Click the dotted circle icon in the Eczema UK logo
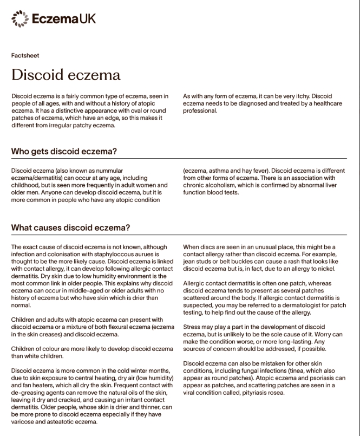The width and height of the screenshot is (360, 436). click(20, 18)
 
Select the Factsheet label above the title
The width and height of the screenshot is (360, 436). click(25, 55)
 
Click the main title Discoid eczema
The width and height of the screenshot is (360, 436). click(66, 74)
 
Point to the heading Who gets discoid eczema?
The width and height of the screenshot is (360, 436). click(64, 151)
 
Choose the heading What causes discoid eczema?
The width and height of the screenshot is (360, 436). click(70, 227)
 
